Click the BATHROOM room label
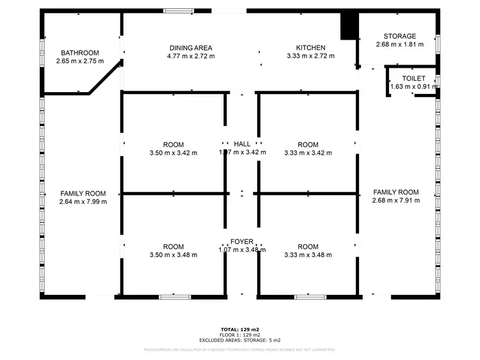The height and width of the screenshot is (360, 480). pos(80,52)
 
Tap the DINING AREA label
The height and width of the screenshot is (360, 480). pos(191,48)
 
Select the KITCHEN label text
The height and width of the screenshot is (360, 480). pos(310,48)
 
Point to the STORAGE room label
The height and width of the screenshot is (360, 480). pos(399,36)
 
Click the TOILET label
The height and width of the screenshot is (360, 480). pos(413,77)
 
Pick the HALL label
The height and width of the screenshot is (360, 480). pos(242,145)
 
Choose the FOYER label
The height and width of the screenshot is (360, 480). pos(242,242)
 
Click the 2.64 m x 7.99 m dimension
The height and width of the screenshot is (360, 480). pos(83,201)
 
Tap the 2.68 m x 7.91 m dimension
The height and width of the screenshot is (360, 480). pos(396,200)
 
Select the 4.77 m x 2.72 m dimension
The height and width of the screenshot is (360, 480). pos(191,56)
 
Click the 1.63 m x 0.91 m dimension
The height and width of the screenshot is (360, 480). pos(413,86)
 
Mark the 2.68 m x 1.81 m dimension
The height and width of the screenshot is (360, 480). pos(399,45)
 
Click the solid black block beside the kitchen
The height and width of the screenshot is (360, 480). pos(349,26)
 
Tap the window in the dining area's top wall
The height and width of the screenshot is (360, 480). pos(179,11)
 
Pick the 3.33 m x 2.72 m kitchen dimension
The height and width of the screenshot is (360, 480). pos(310,56)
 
